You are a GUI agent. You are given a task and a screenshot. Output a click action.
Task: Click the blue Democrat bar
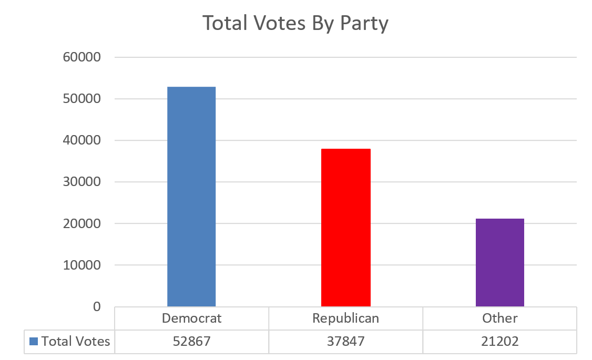point(191,197)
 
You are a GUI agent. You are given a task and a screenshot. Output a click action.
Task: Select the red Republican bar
point(345,228)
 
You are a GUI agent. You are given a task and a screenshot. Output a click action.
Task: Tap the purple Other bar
point(499,262)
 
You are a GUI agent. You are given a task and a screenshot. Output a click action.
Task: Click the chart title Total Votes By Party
point(295,24)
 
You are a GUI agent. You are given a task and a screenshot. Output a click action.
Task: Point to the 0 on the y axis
point(96,306)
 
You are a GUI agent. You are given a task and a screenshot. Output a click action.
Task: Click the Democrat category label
point(191,318)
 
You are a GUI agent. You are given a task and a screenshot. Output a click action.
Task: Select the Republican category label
point(345,318)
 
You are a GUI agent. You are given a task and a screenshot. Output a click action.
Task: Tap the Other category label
point(499,318)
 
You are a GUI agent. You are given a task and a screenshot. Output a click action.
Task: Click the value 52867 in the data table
point(191,342)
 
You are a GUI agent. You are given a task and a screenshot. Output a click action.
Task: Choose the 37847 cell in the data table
point(345,342)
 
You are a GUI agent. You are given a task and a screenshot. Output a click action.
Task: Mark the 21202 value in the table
point(499,342)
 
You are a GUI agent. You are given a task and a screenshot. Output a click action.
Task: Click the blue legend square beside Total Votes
point(34,342)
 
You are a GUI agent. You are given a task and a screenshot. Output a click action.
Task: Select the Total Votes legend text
point(76,342)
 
